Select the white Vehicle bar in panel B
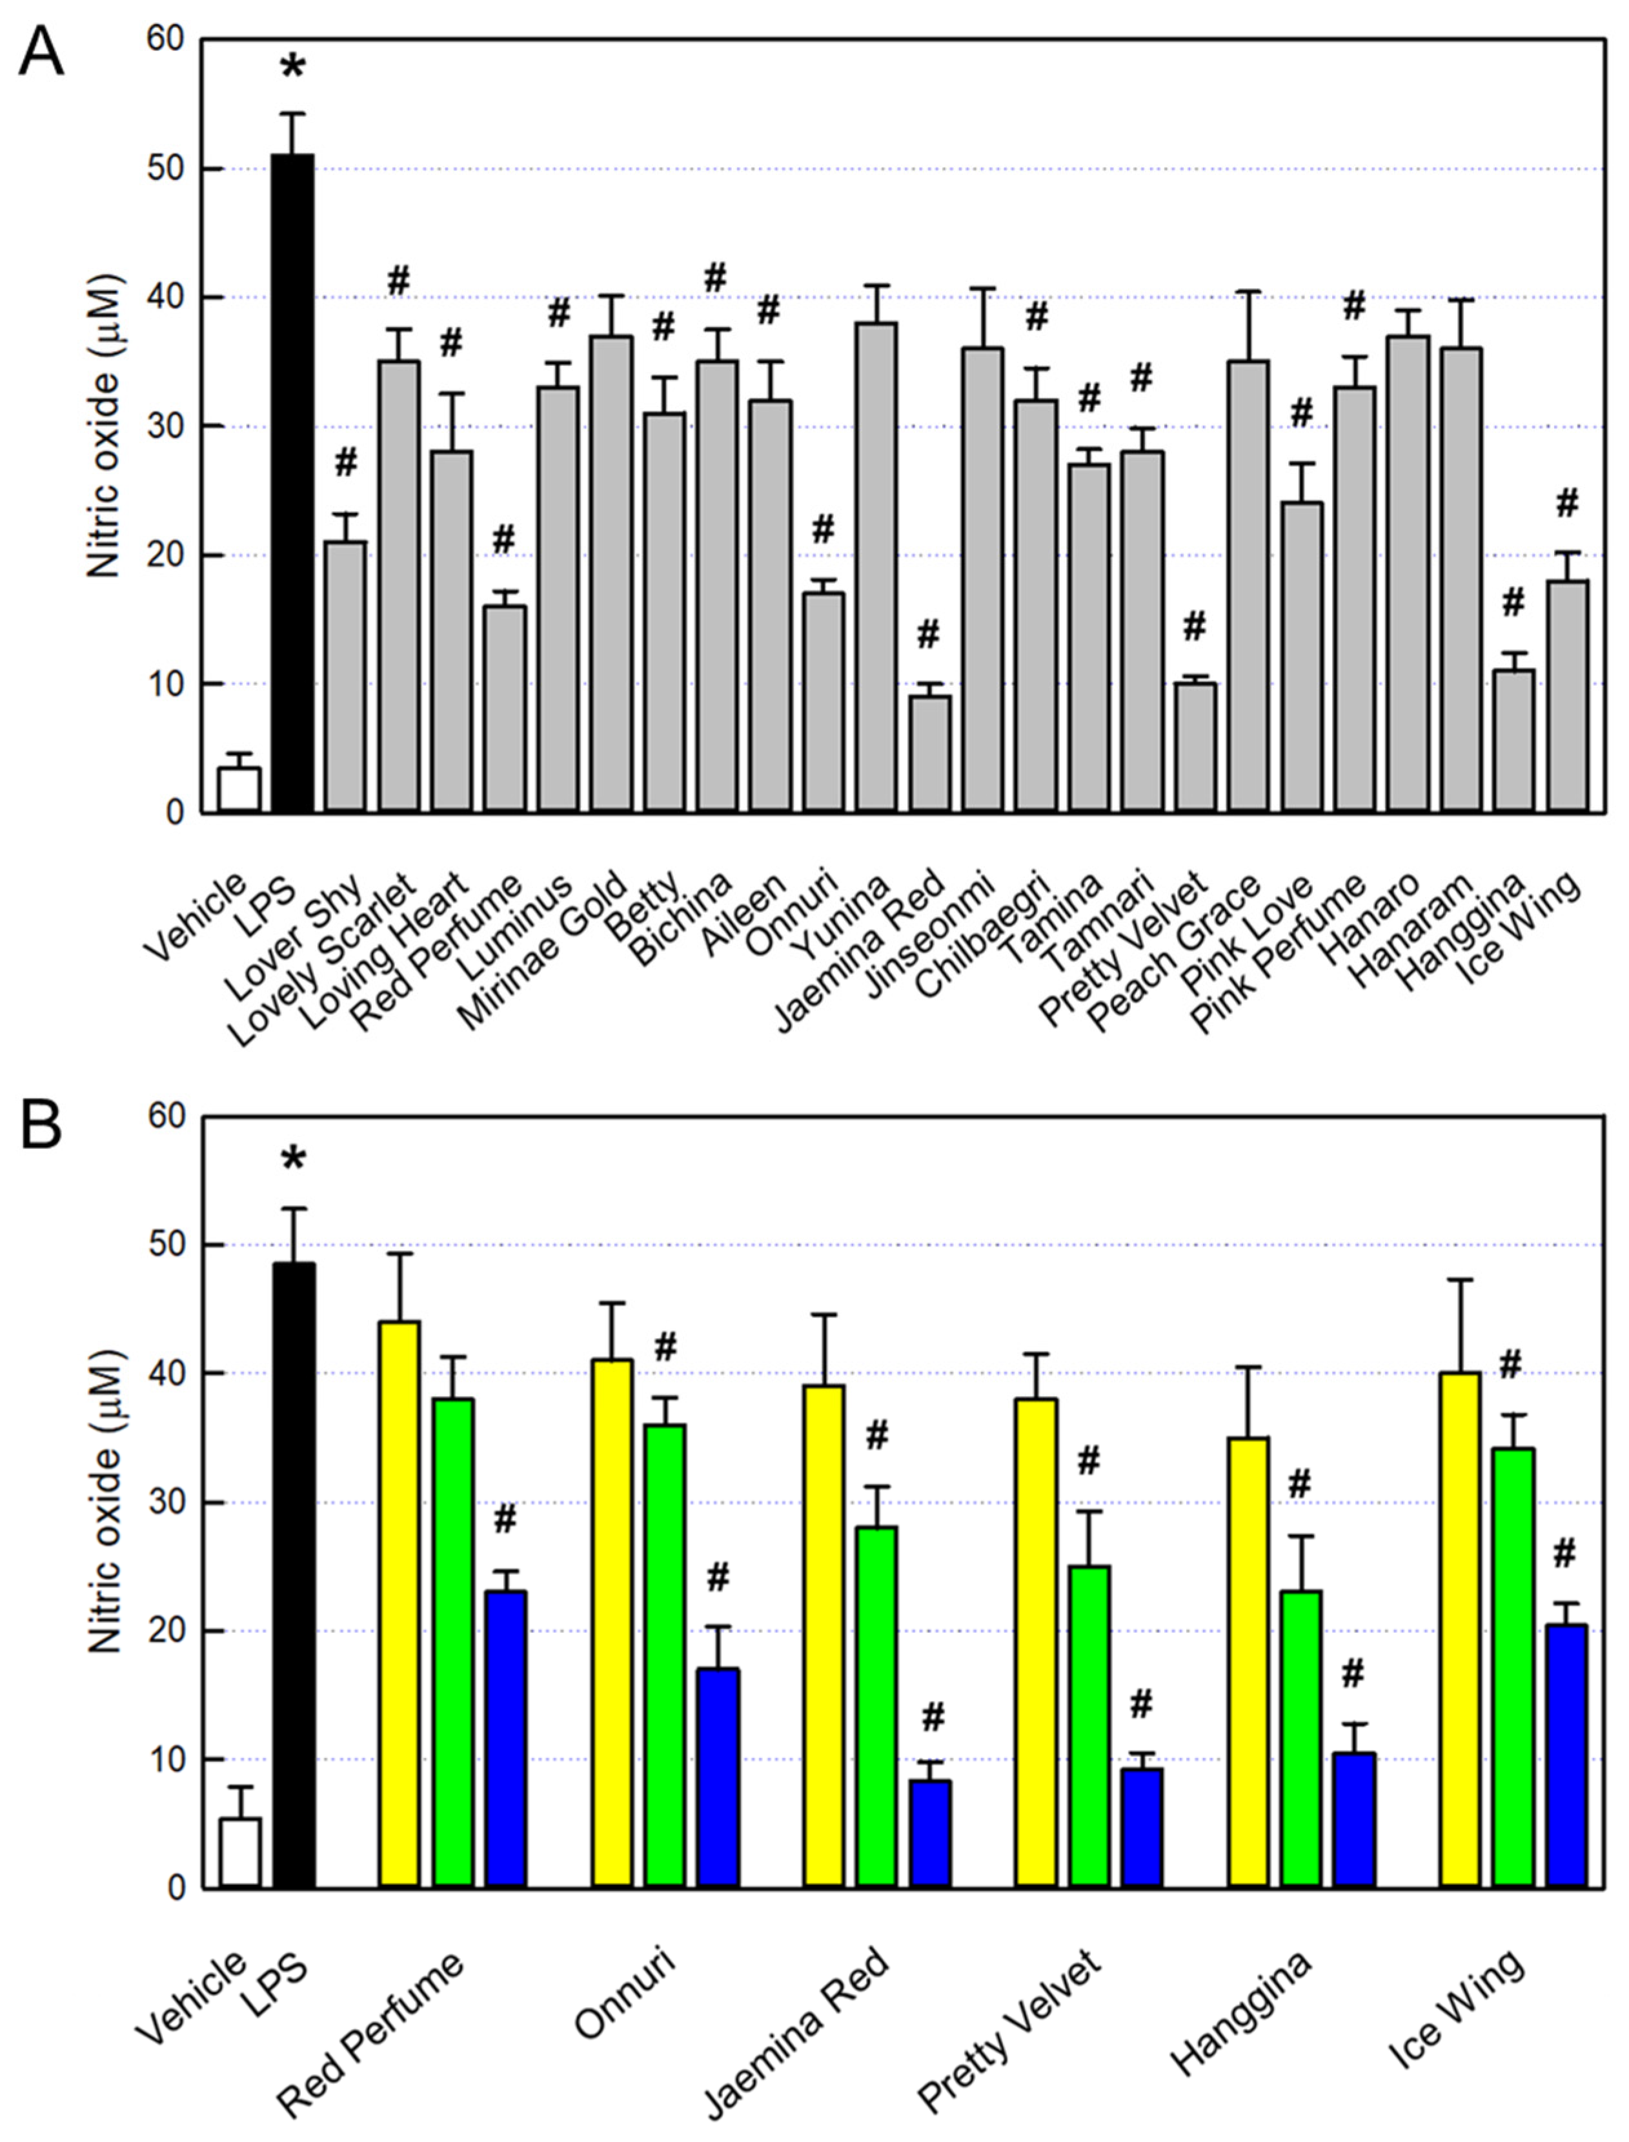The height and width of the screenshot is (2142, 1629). [239, 1852]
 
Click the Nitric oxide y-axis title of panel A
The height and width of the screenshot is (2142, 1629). [105, 426]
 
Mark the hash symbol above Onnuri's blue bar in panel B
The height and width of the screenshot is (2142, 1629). [718, 1579]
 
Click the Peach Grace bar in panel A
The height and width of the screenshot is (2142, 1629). [1248, 586]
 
